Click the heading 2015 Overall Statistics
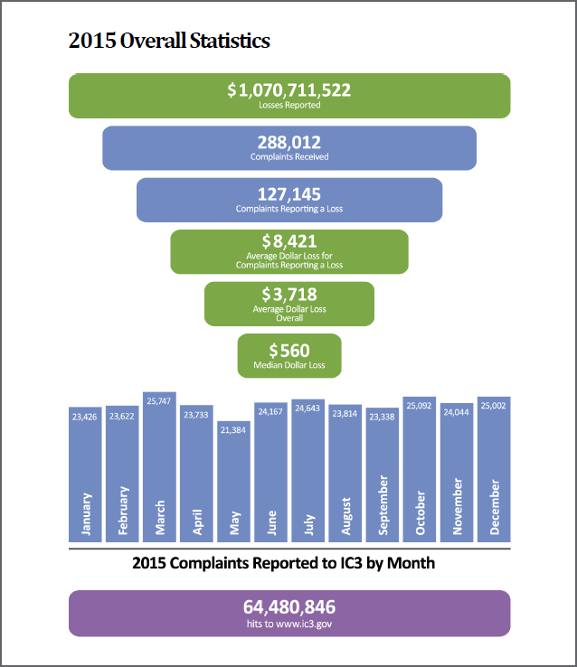coord(169,41)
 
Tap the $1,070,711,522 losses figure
coord(289,90)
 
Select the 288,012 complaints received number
coord(289,142)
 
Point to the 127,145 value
coord(289,194)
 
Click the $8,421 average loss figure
coord(289,241)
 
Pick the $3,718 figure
coord(289,294)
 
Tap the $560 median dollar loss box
coord(289,355)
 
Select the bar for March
coord(159,470)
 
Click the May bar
coord(234,479)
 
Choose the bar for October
coord(420,470)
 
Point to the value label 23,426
coord(84,417)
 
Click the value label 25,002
coord(494,408)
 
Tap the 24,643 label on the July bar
coord(308,409)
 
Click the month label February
coord(122,511)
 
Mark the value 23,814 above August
coord(345,415)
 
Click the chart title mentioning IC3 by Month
coord(283,563)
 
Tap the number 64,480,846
coord(289,606)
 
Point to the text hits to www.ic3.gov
coord(289,623)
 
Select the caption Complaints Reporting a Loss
coord(289,209)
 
